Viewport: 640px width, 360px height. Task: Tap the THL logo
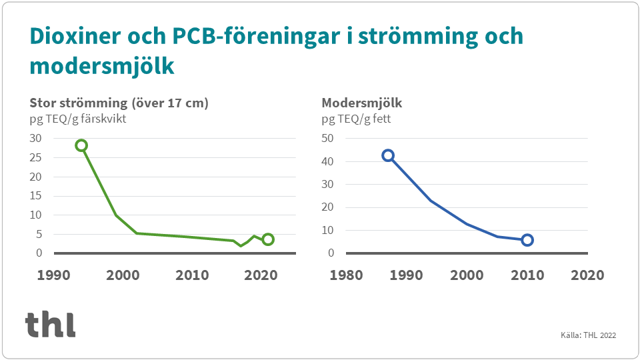point(51,324)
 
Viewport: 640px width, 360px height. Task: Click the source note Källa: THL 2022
point(588,335)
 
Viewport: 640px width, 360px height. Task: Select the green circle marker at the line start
point(81,145)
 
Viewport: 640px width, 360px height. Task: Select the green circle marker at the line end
point(268,239)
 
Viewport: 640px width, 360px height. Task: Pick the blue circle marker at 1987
point(388,155)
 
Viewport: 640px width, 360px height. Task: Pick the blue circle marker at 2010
point(527,240)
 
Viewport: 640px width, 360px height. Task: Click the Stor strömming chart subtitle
point(119,103)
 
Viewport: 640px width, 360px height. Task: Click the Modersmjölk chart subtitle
point(362,103)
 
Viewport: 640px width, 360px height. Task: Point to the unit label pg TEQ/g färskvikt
point(78,119)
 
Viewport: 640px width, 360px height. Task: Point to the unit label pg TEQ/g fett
point(356,119)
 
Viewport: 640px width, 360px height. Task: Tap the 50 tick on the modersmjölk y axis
point(327,138)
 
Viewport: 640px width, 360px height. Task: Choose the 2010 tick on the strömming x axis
point(192,275)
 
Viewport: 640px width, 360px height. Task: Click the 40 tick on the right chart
point(327,161)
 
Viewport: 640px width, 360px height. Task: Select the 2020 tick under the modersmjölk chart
point(587,275)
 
